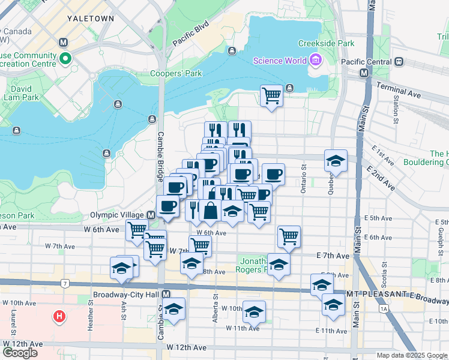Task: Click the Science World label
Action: pyautogui.click(x=279, y=60)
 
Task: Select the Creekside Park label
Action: pyautogui.click(x=327, y=43)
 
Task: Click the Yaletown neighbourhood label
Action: pyautogui.click(x=91, y=19)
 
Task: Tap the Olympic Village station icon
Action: pyautogui.click(x=154, y=215)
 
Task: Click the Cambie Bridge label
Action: pyautogui.click(x=160, y=157)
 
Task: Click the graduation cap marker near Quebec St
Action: pyautogui.click(x=336, y=160)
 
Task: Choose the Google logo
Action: pyautogui.click(x=20, y=352)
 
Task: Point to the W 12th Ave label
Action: pyautogui.click(x=187, y=347)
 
